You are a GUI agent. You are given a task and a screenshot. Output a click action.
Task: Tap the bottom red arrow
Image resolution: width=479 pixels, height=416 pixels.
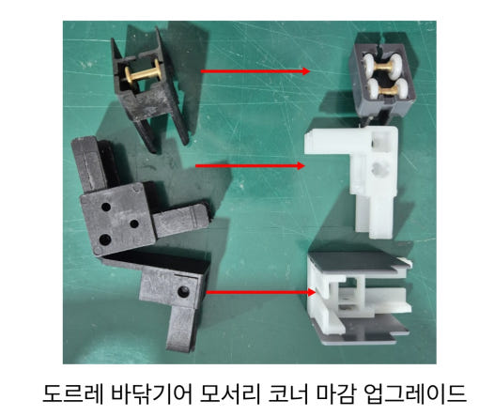tap(258, 292)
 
